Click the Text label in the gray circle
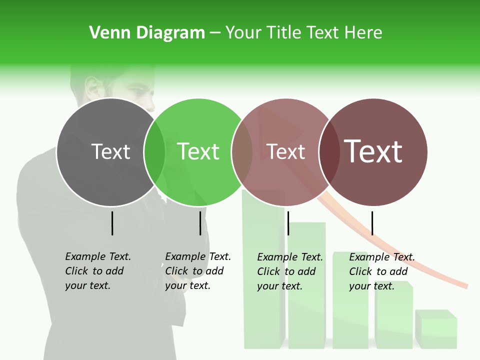coord(110,151)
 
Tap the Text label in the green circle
coord(198,151)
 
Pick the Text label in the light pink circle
coord(286,151)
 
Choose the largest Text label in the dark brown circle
coord(373,151)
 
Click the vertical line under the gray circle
coord(112,223)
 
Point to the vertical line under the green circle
coord(200,223)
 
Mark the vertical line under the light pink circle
coord(288,223)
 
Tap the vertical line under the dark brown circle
coord(372,223)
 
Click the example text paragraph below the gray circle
coord(98,271)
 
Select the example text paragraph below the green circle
coord(198,271)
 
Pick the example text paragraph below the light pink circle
coord(290,271)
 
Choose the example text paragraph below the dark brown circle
coord(382,271)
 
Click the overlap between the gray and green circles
coord(154,152)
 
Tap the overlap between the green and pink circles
coord(242,152)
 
